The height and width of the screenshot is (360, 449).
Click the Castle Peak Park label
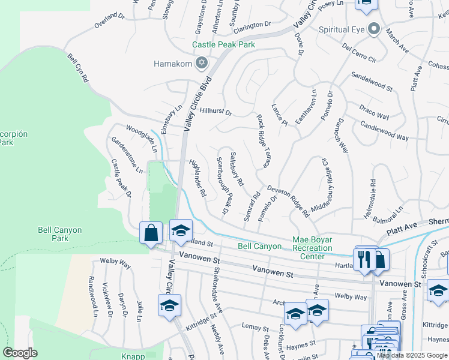point(223,44)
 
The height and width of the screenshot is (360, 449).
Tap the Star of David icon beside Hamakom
point(202,63)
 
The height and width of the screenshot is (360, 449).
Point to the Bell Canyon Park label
point(59,234)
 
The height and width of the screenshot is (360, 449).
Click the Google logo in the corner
point(20,353)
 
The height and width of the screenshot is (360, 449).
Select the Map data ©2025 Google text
point(412,355)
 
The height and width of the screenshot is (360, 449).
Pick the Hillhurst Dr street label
point(216,112)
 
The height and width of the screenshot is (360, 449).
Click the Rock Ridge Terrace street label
point(262,141)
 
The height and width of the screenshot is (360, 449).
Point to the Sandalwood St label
point(372,83)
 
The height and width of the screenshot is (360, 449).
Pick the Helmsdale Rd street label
point(372,198)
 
